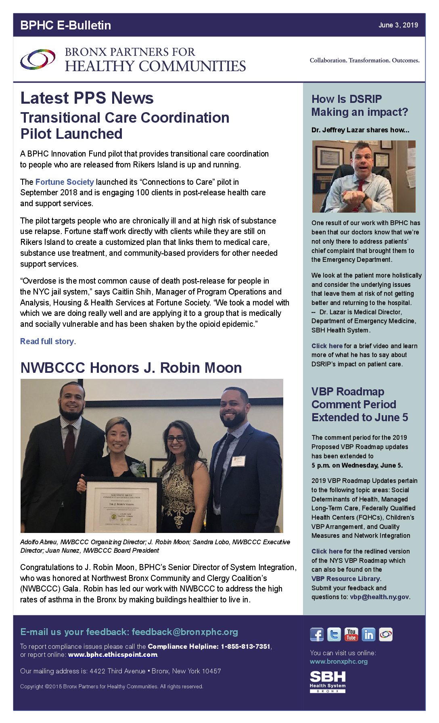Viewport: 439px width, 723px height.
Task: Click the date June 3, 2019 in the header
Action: coord(398,25)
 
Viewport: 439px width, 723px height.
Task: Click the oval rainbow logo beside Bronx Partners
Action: coord(38,59)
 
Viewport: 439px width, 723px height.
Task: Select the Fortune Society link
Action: coord(65,182)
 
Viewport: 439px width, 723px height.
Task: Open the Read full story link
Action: coord(47,341)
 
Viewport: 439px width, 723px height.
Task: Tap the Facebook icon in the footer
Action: coord(317,635)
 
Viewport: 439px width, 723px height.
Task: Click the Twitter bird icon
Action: coord(334,635)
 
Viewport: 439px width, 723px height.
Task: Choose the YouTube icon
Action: coord(351,635)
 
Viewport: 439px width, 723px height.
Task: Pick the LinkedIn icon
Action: coord(368,635)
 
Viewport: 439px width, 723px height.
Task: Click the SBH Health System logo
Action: coord(328,681)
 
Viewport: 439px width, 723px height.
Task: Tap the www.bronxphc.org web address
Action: coord(339,661)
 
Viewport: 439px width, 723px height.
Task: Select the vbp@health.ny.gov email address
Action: coord(379,597)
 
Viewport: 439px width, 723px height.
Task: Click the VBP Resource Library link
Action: coord(346,579)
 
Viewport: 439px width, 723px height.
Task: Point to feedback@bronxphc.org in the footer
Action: coord(185,632)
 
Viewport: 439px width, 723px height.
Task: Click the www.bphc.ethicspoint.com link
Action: coord(113,654)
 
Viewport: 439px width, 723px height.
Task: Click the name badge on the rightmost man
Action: coord(238,461)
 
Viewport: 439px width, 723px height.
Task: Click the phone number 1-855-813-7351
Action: coord(245,646)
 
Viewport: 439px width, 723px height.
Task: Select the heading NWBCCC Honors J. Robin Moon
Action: coord(131,368)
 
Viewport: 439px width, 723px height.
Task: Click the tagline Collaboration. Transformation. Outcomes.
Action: coord(364,61)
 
